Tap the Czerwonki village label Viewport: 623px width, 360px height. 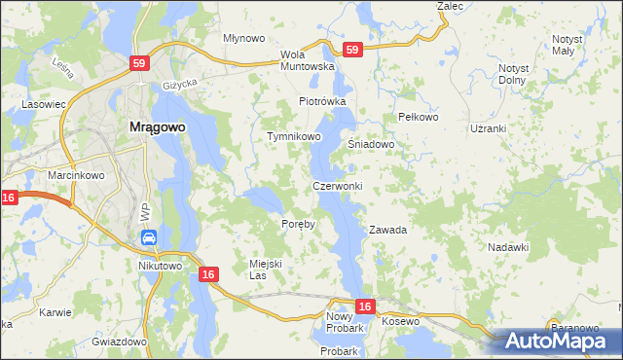click(x=338, y=186)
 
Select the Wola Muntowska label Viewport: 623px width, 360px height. click(x=307, y=60)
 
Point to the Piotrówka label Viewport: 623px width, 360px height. click(x=322, y=101)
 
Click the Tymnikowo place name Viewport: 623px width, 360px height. click(x=294, y=137)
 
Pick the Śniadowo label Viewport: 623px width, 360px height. click(x=371, y=144)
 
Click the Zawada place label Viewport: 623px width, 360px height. click(x=386, y=231)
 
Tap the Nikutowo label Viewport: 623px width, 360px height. click(x=161, y=266)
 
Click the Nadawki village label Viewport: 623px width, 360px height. click(x=508, y=247)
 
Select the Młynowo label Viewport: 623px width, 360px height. click(x=244, y=38)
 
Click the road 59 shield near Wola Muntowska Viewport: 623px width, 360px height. click(x=352, y=50)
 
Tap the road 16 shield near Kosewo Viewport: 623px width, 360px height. click(x=364, y=306)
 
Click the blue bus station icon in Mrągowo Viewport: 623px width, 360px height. click(x=149, y=236)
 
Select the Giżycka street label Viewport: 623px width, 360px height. click(x=182, y=85)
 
